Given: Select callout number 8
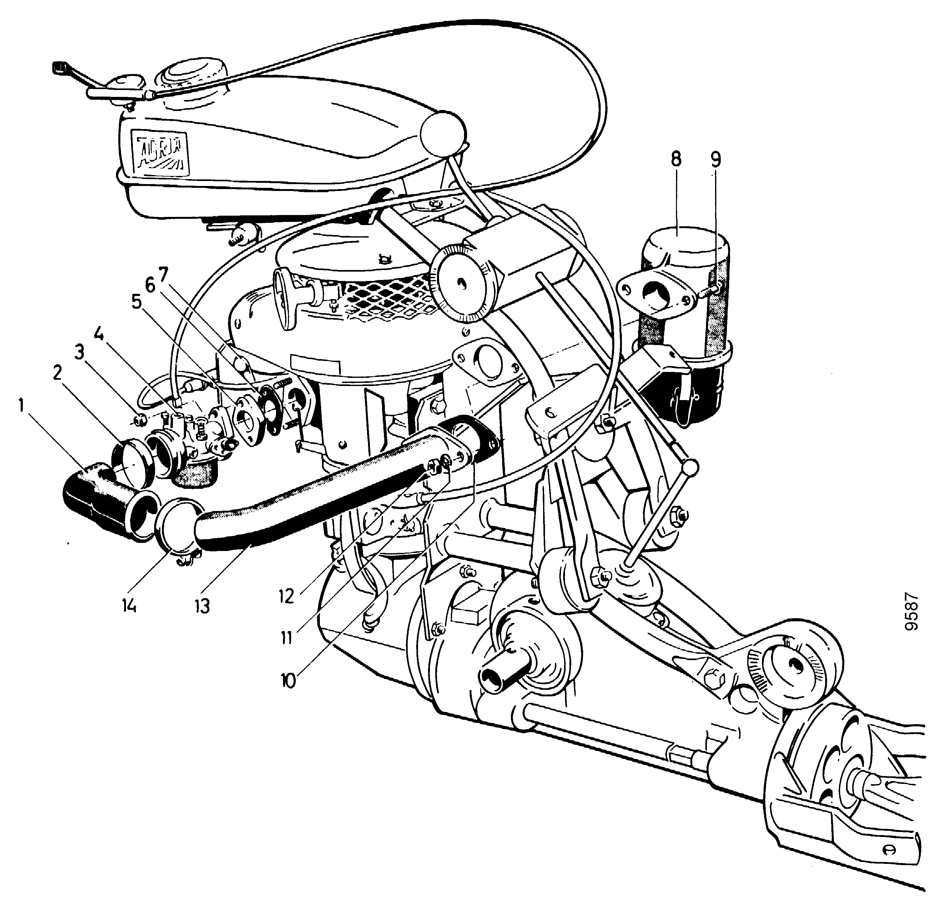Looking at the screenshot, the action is pyautogui.click(x=676, y=159).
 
